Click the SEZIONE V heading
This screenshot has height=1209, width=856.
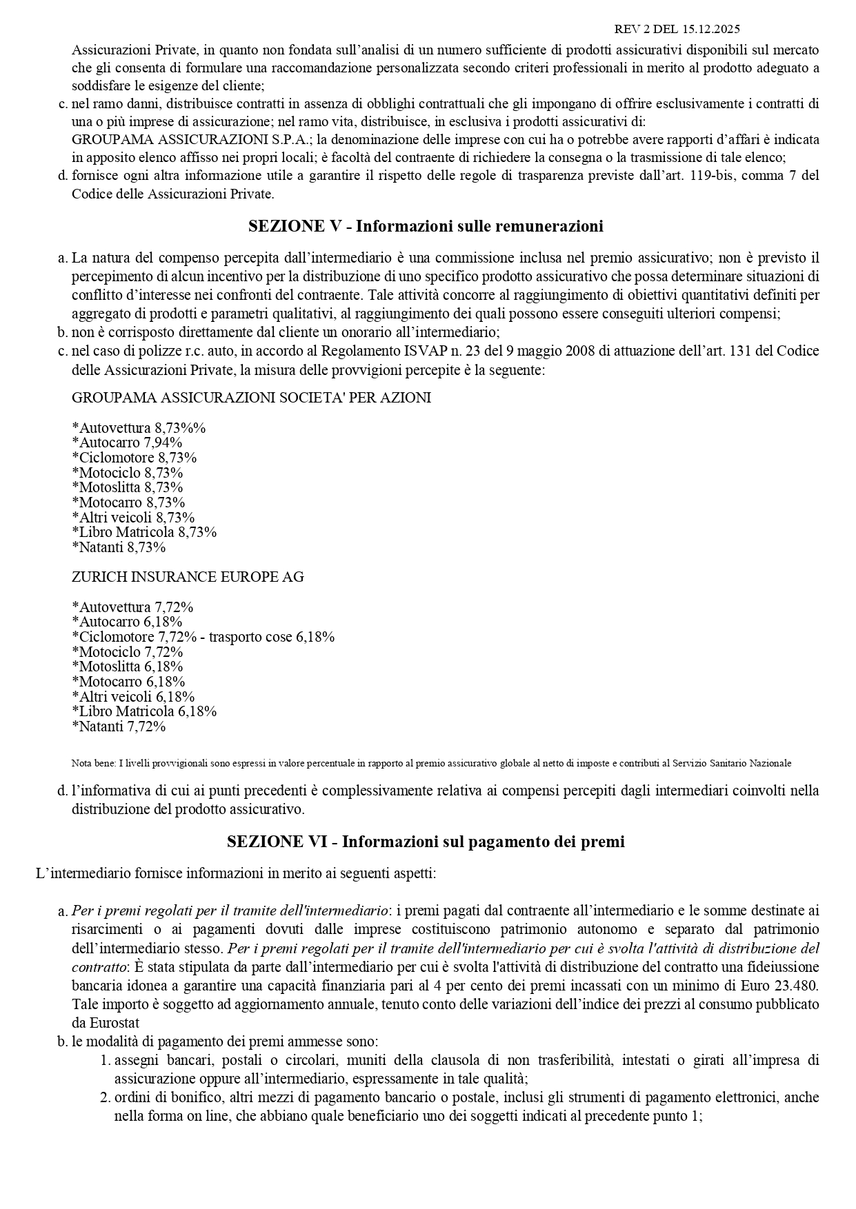pos(426,226)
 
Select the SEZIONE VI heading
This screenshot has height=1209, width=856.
pos(426,842)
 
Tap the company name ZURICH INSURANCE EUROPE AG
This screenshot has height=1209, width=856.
pos(188,577)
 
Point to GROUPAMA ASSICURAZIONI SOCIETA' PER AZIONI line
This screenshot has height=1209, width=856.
pos(251,398)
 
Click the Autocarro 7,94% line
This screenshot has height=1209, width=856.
pos(128,443)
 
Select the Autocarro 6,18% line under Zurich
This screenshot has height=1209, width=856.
pos(128,622)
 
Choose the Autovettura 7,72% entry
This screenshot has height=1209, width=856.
pos(133,607)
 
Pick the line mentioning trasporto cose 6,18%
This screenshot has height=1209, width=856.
pos(203,637)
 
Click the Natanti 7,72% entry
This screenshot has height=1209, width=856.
pos(119,727)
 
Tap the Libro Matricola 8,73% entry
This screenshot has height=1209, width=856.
pos(145,532)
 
